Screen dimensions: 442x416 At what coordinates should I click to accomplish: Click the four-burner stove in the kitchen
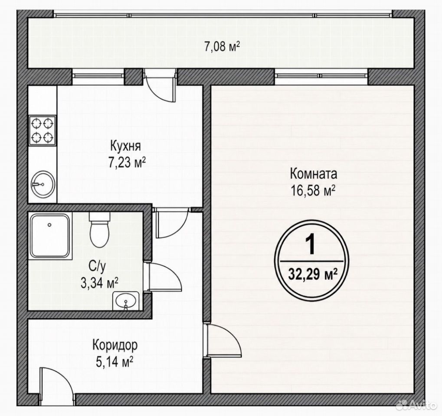pyautogui.click(x=43, y=130)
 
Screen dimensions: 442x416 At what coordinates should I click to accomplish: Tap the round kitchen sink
pyautogui.click(x=43, y=184)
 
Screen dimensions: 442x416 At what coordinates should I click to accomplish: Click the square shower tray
pyautogui.click(x=50, y=235)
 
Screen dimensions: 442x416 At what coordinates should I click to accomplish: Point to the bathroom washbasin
pyautogui.click(x=126, y=301)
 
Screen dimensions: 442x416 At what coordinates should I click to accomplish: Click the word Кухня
pyautogui.click(x=125, y=147)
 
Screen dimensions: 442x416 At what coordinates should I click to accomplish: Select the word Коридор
pyautogui.click(x=115, y=345)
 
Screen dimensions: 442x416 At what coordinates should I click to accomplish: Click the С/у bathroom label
pyautogui.click(x=97, y=266)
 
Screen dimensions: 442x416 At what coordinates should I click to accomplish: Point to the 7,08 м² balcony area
pyautogui.click(x=222, y=46)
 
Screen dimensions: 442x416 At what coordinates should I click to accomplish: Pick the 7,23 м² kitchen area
pyautogui.click(x=127, y=162)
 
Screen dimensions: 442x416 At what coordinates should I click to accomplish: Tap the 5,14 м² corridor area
pyautogui.click(x=115, y=362)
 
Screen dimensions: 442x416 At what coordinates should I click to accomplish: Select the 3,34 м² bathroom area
pyautogui.click(x=99, y=283)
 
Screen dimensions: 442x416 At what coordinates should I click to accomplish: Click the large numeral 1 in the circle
pyautogui.click(x=311, y=245)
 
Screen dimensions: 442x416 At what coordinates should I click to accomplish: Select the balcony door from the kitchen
pyautogui.click(x=160, y=86)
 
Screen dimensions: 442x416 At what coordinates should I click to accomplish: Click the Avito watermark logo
pyautogui.click(x=416, y=405)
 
